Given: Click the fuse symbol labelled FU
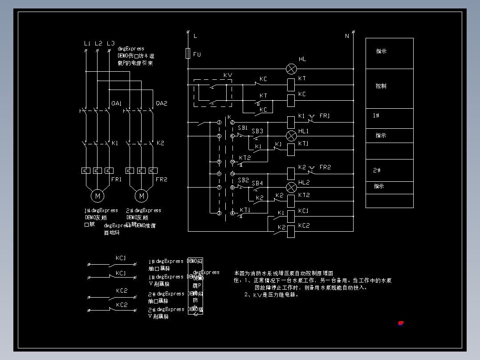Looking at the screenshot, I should pyautogui.click(x=188, y=53).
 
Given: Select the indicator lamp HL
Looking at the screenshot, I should pyautogui.click(x=291, y=69).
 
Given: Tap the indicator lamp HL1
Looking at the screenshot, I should pyautogui.click(x=291, y=135).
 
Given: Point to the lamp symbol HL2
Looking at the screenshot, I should pyautogui.click(x=291, y=187).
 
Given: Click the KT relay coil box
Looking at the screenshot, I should pyautogui.click(x=291, y=84).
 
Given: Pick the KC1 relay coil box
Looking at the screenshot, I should pyautogui.click(x=291, y=216).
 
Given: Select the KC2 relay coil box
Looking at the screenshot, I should pyautogui.click(x=291, y=231).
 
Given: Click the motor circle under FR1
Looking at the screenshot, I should pyautogui.click(x=97, y=195).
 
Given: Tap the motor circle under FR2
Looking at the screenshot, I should pyautogui.click(x=142, y=195).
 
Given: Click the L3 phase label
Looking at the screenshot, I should pyautogui.click(x=110, y=43).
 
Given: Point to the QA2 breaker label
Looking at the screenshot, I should pyautogui.click(x=161, y=103).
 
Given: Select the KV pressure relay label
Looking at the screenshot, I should pyautogui.click(x=228, y=75).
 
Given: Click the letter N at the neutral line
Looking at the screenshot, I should pyautogui.click(x=347, y=36).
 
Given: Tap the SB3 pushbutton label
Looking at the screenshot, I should pyautogui.click(x=257, y=131).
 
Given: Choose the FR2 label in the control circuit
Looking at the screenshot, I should pyautogui.click(x=325, y=167).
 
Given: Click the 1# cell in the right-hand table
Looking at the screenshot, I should pyautogui.click(x=376, y=115).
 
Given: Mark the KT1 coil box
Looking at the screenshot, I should pyautogui.click(x=291, y=150).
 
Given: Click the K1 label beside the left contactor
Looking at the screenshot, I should pyautogui.click(x=115, y=143).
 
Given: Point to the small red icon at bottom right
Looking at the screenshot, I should pyautogui.click(x=401, y=323).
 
